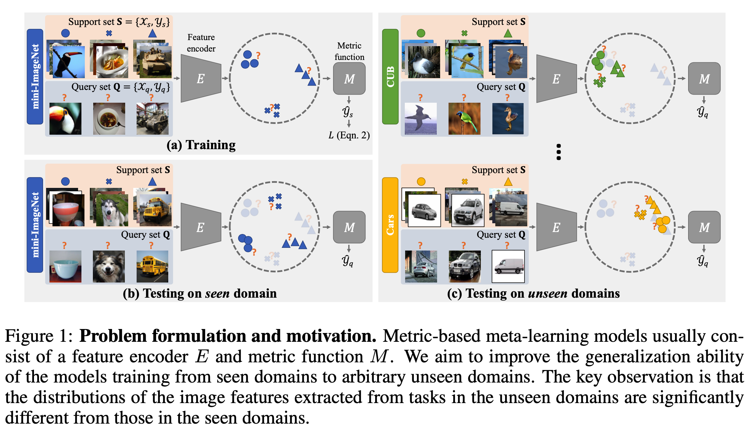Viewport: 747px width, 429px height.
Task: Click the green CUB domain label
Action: [x=390, y=77]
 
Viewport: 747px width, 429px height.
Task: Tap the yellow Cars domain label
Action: [x=390, y=225]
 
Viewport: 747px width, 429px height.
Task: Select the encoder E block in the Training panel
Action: [x=201, y=78]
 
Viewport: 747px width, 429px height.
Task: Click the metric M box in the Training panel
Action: [x=349, y=79]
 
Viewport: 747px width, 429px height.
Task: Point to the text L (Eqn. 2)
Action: [x=349, y=135]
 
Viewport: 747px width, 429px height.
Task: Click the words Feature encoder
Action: [x=201, y=43]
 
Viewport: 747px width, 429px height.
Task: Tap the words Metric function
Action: [x=349, y=51]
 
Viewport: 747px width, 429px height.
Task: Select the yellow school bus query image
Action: [x=152, y=266]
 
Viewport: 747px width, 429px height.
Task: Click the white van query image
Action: [x=508, y=266]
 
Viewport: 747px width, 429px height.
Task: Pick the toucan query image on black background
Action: [x=65, y=119]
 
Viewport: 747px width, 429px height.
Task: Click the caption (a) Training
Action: [x=201, y=145]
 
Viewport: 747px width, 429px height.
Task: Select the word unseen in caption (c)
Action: [x=547, y=294]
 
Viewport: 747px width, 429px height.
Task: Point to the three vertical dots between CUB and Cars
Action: [x=559, y=152]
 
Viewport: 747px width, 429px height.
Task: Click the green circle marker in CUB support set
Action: [x=421, y=33]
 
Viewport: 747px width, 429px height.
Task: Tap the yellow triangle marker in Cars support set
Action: [x=508, y=182]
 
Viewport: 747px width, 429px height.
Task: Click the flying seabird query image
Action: [x=421, y=119]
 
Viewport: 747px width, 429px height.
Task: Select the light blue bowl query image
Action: [x=65, y=266]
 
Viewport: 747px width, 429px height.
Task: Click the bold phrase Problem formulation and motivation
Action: [x=227, y=336]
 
